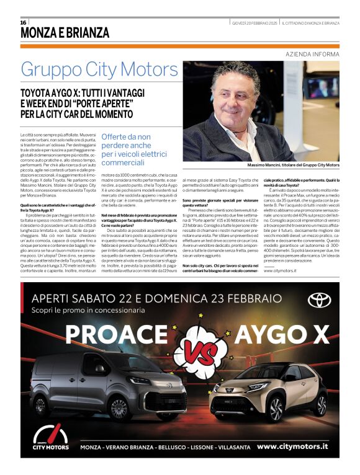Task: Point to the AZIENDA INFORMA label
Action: click(313, 54)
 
